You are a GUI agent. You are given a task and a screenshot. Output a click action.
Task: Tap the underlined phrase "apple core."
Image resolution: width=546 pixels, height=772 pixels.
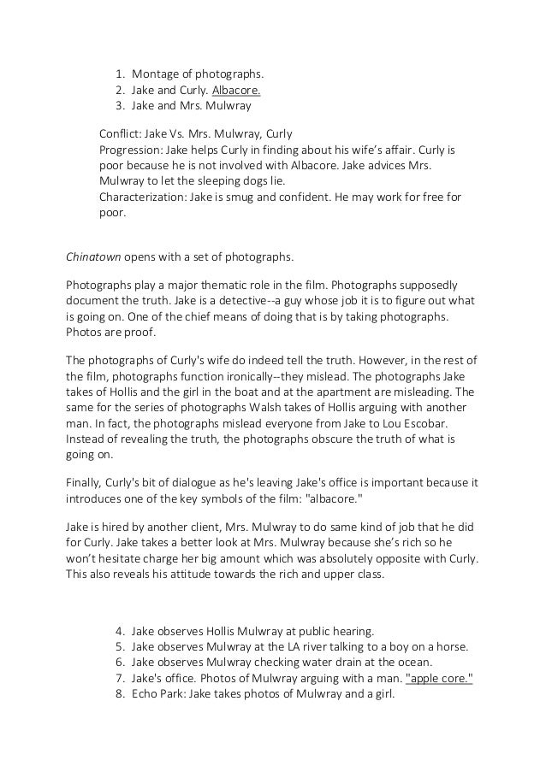(439, 679)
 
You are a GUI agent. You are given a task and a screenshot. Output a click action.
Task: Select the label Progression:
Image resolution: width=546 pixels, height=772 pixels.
(130, 150)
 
